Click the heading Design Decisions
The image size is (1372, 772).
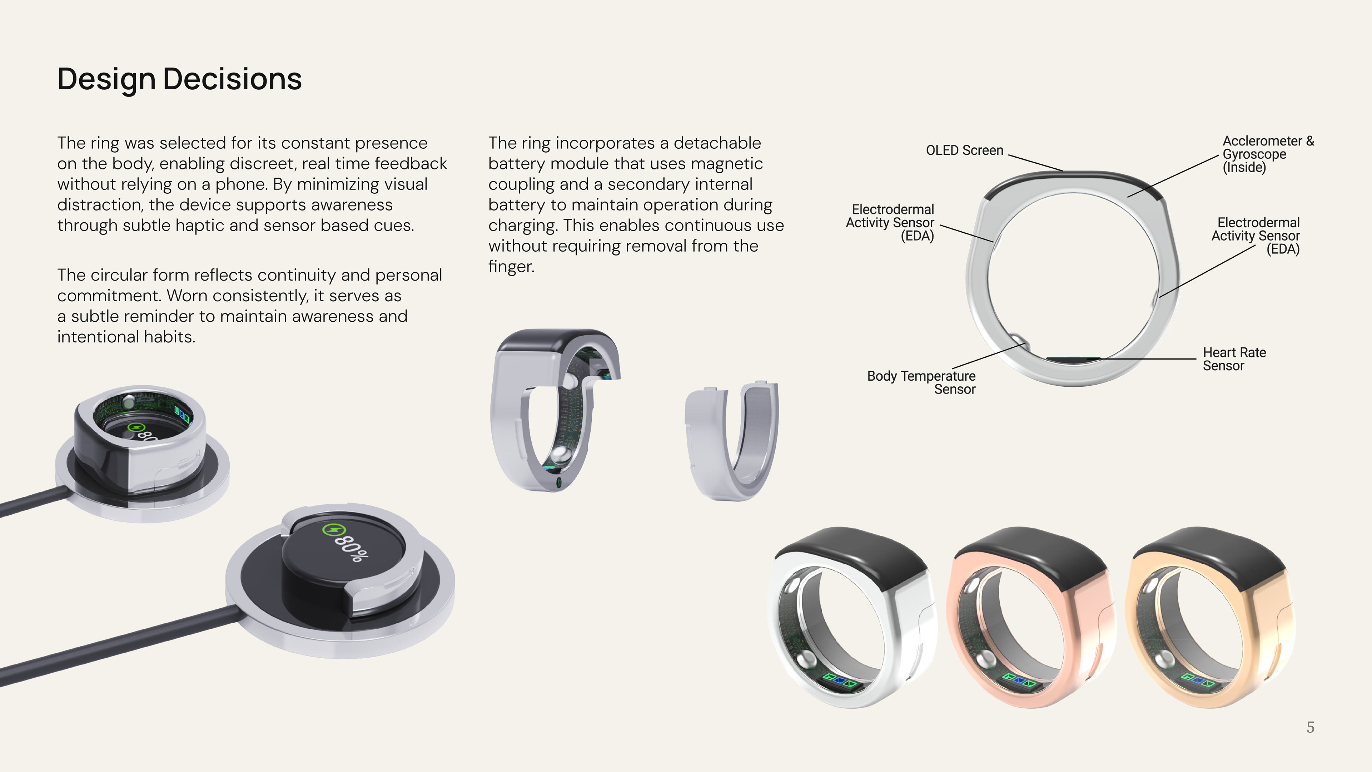tap(179, 79)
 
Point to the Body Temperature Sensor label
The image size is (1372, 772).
tap(921, 382)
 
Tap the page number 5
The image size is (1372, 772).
tap(1310, 727)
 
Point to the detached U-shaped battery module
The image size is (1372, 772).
tap(732, 440)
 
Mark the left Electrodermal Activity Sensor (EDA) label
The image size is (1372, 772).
tap(890, 223)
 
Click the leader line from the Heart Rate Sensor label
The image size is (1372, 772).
tap(1145, 359)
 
